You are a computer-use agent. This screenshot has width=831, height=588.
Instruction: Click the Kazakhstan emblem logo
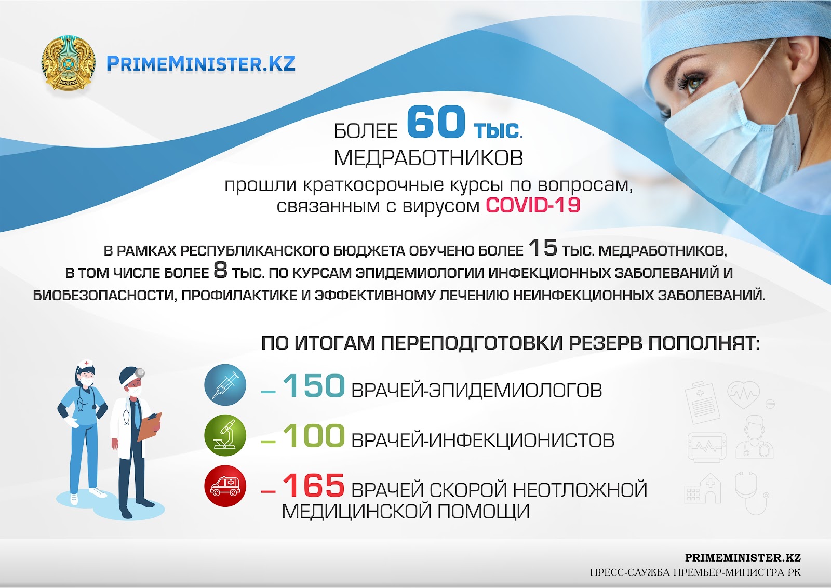pyautogui.click(x=68, y=63)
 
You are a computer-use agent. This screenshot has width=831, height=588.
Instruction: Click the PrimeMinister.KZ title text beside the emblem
pyautogui.click(x=200, y=63)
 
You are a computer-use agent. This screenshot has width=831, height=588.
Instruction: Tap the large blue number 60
pyautogui.click(x=436, y=122)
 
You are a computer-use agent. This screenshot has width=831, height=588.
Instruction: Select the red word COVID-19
pyautogui.click(x=533, y=205)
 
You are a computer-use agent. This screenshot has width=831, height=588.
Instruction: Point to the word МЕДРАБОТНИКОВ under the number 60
pyautogui.click(x=428, y=158)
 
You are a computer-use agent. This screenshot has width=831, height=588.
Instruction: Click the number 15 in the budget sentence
pyautogui.click(x=543, y=248)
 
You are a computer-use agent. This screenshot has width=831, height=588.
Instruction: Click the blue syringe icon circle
pyautogui.click(x=225, y=385)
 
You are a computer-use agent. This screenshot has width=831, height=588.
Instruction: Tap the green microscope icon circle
pyautogui.click(x=225, y=435)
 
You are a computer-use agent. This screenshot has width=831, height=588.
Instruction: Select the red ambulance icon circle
pyautogui.click(x=225, y=486)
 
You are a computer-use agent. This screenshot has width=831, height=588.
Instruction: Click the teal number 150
pyautogui.click(x=314, y=386)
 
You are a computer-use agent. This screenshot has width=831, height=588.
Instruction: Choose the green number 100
pyautogui.click(x=314, y=436)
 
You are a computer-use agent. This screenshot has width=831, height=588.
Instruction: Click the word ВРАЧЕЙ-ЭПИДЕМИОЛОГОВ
pyautogui.click(x=477, y=390)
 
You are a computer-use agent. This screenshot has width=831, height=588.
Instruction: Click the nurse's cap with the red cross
pyautogui.click(x=86, y=365)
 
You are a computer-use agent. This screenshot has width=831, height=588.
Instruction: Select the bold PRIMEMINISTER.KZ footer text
pyautogui.click(x=743, y=558)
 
